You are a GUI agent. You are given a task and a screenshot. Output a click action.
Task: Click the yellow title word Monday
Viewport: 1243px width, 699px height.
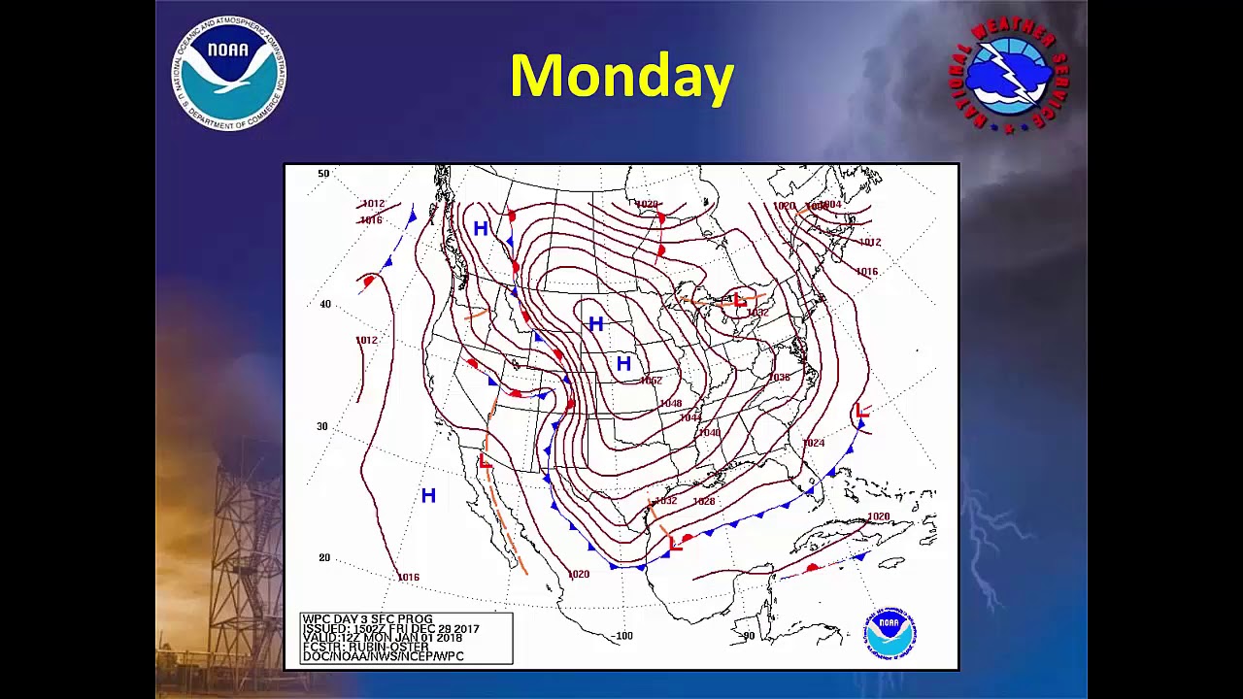point(621,77)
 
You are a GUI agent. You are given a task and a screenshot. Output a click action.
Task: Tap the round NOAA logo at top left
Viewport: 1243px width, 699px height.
point(229,72)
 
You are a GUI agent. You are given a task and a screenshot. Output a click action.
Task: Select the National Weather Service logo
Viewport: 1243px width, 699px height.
point(1008,74)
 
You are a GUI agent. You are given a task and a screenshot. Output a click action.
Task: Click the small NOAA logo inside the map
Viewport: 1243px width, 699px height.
point(889,633)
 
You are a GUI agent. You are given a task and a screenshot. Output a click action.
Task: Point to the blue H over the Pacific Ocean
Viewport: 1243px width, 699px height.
point(428,496)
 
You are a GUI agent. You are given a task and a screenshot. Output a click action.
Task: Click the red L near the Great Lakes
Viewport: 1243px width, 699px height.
point(740,301)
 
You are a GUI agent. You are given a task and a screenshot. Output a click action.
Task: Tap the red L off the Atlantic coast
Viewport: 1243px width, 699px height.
point(862,411)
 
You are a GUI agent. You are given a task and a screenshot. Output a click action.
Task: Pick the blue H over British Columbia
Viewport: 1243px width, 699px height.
point(481,229)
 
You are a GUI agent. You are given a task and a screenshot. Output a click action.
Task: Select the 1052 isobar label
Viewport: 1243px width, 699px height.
point(651,381)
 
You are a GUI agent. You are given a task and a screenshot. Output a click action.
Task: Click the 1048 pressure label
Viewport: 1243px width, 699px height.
point(671,404)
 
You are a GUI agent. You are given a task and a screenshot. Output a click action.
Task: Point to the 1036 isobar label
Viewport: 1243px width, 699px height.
point(779,378)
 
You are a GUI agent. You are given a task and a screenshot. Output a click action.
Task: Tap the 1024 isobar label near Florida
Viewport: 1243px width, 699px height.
point(813,444)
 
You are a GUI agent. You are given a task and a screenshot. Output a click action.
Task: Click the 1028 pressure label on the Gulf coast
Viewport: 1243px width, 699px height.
point(704,502)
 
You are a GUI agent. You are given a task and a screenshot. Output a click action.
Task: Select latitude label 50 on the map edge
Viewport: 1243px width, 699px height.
point(323,174)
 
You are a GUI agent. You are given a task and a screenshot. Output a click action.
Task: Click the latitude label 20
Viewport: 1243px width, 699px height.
point(324,558)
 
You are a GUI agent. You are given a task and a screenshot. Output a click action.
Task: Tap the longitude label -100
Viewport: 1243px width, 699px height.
point(621,637)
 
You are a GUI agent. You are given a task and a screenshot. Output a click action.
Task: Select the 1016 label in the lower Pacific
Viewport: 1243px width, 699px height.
point(409,578)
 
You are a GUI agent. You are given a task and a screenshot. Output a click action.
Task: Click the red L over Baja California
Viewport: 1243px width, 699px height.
point(486,462)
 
